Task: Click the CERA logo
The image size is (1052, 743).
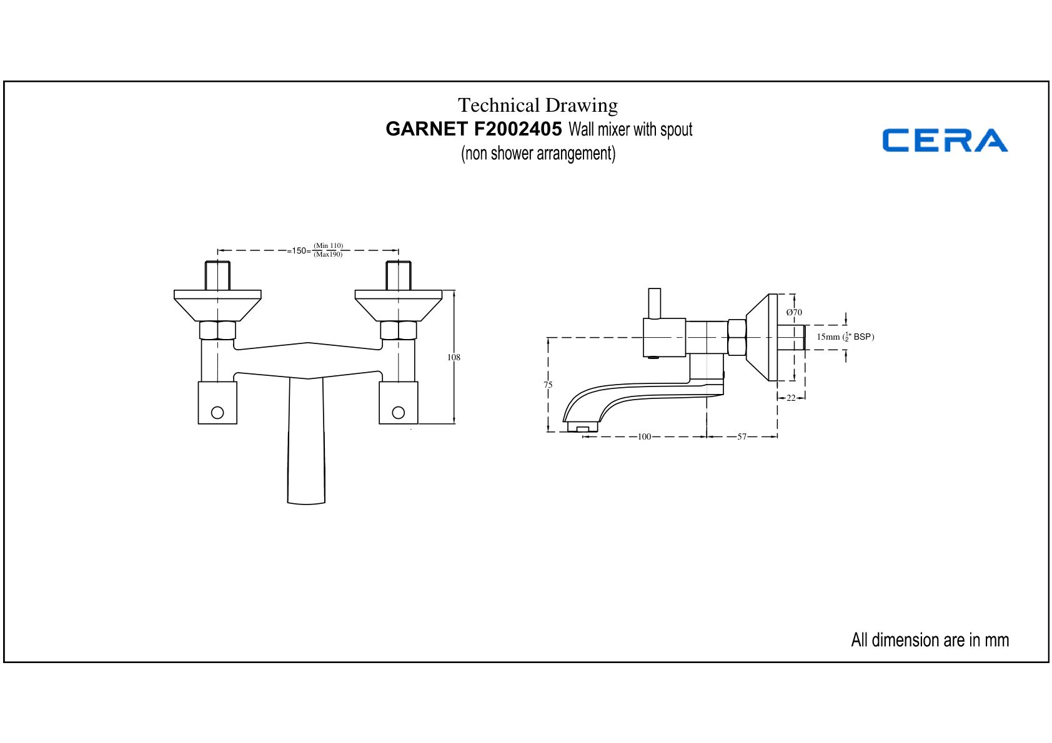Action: [x=945, y=140]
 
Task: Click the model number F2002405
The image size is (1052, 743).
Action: [x=517, y=129]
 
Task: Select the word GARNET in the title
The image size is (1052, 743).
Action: [x=427, y=129]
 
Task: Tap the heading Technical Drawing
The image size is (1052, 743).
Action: [x=538, y=105]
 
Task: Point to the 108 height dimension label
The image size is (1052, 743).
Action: [x=454, y=357]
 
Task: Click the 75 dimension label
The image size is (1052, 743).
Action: [x=548, y=385]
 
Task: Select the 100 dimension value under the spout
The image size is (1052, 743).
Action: [x=644, y=436]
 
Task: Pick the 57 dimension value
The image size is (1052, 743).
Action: [x=742, y=436]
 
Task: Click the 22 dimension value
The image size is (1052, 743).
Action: [x=791, y=398]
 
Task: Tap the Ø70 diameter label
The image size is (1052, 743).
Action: [x=794, y=312]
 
